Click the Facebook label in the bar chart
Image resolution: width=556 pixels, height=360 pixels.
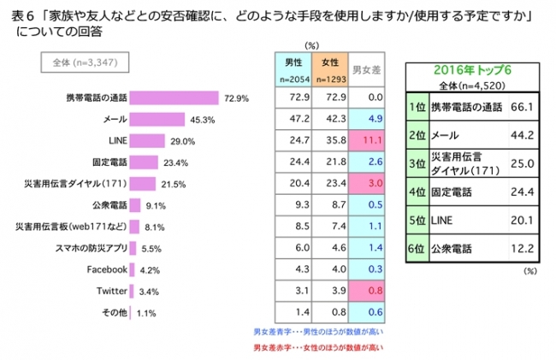(x=107, y=269)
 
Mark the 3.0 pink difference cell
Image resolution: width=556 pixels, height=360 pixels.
(x=367, y=182)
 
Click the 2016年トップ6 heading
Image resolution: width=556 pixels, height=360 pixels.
(x=470, y=71)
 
